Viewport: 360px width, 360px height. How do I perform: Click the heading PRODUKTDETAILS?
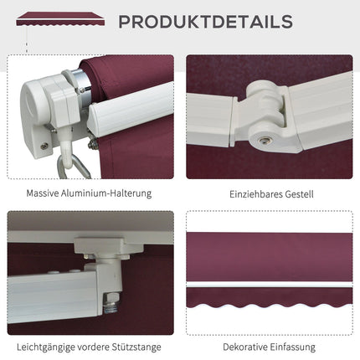pyautogui.click(x=206, y=22)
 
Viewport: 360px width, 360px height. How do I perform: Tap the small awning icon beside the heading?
pyautogui.click(x=60, y=18)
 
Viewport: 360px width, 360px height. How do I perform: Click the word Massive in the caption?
pyautogui.click(x=43, y=193)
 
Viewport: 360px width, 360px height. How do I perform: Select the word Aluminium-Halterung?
pyautogui.click(x=106, y=193)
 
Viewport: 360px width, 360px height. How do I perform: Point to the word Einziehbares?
pyautogui.click(x=255, y=194)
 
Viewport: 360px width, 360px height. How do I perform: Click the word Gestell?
pyautogui.click(x=299, y=194)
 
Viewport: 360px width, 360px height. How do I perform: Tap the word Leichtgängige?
pyautogui.click(x=45, y=347)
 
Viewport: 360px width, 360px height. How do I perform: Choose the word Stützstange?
pyautogui.click(x=136, y=347)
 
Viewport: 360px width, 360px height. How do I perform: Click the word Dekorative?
pyautogui.click(x=244, y=347)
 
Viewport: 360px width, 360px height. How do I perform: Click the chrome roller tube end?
pyautogui.click(x=82, y=83)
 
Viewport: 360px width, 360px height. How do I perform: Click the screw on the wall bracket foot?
pyautogui.click(x=44, y=146)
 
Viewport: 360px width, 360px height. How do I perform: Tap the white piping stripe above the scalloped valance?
pyautogui.click(x=270, y=285)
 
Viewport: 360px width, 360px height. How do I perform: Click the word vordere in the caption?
pyautogui.click(x=93, y=347)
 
